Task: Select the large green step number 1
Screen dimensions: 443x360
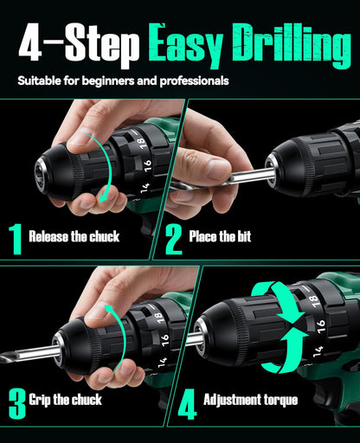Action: pos(15,238)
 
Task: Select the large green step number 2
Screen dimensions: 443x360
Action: pos(174,238)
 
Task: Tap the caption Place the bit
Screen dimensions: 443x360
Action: pos(220,235)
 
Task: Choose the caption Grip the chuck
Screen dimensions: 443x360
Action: pos(66,400)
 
